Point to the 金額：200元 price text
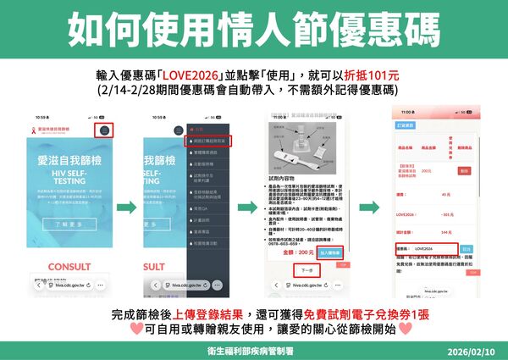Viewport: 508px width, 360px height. click(299, 252)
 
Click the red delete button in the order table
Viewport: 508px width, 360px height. click(464, 170)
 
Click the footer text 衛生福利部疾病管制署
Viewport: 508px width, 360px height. click(253, 349)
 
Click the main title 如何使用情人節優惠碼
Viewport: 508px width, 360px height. click(253, 29)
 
